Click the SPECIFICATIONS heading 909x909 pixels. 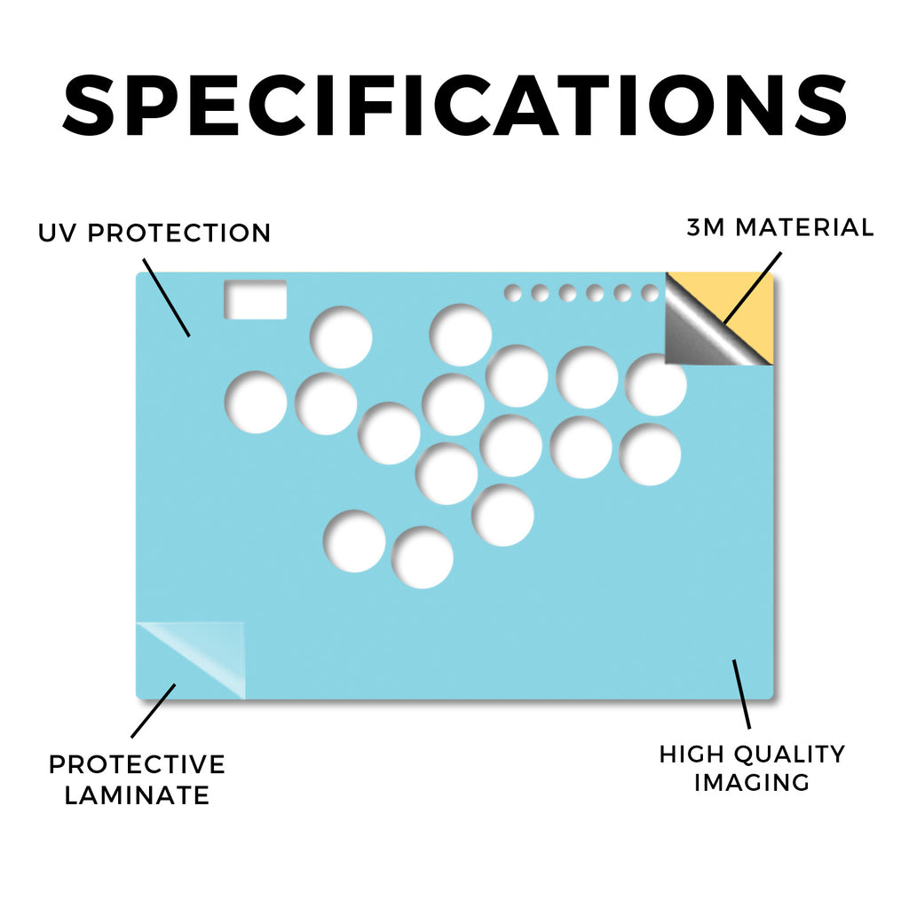click(x=455, y=106)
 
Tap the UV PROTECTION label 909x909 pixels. click(x=154, y=233)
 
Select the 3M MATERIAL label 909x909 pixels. click(x=779, y=227)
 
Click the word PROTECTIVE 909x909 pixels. click(x=137, y=764)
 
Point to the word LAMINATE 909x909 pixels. click(x=137, y=795)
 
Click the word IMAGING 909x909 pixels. click(x=751, y=783)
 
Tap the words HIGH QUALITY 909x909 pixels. click(x=752, y=755)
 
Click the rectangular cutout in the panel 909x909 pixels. click(x=256, y=300)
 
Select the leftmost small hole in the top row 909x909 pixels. click(x=512, y=293)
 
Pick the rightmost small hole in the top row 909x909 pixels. click(x=650, y=293)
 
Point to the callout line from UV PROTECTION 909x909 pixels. click(x=166, y=297)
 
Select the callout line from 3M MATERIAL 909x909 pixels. click(x=753, y=288)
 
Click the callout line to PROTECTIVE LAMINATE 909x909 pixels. click(x=154, y=711)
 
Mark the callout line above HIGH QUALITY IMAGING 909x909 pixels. click(x=741, y=694)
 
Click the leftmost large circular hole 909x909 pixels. click(x=256, y=402)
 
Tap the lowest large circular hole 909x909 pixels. click(x=423, y=557)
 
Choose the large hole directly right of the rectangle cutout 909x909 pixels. click(x=341, y=337)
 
